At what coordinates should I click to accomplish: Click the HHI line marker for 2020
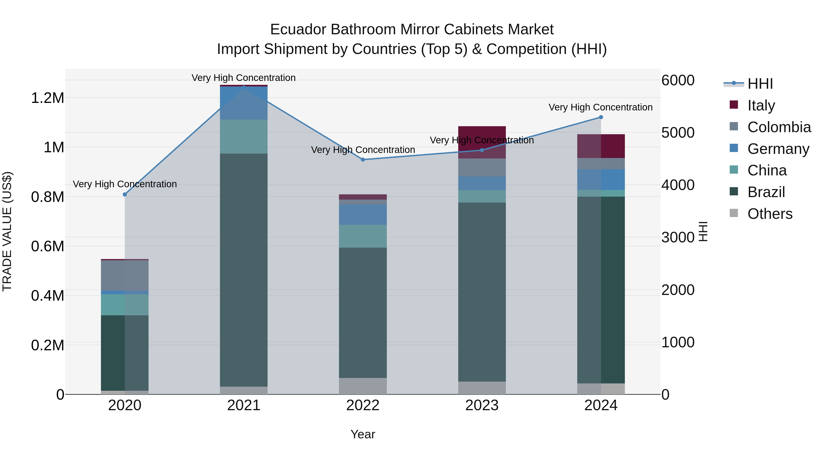[x=125, y=194]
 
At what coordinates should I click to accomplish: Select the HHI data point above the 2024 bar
[x=601, y=117]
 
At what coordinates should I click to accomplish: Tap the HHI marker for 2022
[x=363, y=159]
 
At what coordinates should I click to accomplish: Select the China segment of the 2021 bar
[x=244, y=136]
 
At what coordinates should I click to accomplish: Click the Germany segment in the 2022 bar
[x=363, y=214]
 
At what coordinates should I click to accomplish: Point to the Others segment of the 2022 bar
[x=363, y=386]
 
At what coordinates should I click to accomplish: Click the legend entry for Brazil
[x=766, y=192]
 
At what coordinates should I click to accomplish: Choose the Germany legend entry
[x=778, y=149]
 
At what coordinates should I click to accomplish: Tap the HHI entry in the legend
[x=760, y=84]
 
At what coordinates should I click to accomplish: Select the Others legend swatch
[x=734, y=213]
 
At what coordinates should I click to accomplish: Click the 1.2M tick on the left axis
[x=48, y=98]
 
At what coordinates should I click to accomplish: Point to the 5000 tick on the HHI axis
[x=678, y=133]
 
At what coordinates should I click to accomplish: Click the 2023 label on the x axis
[x=482, y=405]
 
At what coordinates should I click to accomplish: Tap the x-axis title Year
[x=363, y=434]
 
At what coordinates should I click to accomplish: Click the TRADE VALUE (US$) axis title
[x=7, y=231]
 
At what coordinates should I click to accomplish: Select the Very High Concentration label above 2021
[x=244, y=78]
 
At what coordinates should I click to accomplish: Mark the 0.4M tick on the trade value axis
[x=48, y=296]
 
